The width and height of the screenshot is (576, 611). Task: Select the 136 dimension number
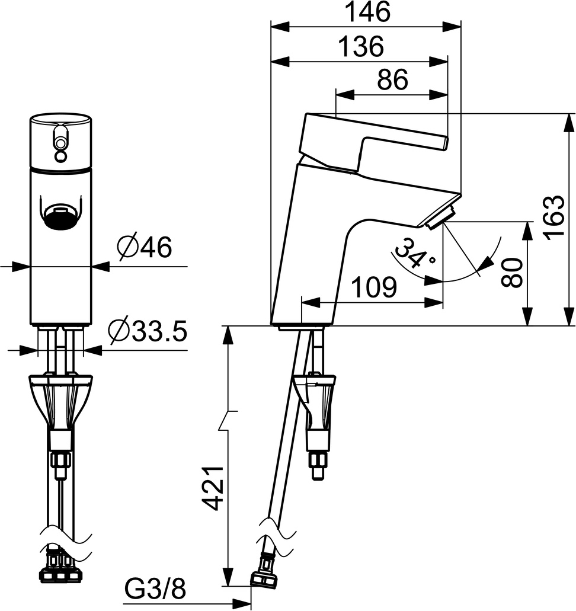[x=361, y=46]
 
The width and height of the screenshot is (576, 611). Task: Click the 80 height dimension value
[x=512, y=273]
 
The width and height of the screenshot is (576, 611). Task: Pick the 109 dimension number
[x=374, y=287]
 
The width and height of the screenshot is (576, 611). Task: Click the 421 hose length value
[x=214, y=488]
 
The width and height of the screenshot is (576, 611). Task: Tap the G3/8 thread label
[x=155, y=589]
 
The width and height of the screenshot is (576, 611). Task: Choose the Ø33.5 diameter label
[x=148, y=331]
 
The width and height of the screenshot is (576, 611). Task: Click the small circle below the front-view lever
[x=60, y=156]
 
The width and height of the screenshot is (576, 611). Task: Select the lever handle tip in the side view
[x=444, y=143]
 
